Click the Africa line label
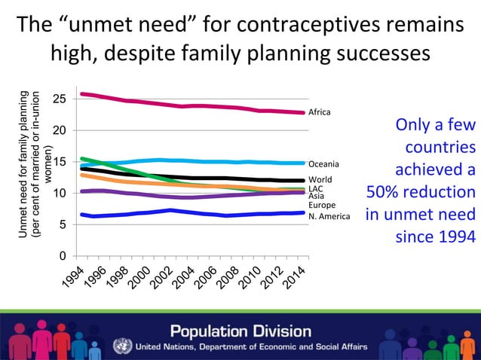coord(320,112)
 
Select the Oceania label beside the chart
coord(323,163)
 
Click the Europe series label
coord(322,205)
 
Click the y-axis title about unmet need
coord(35,164)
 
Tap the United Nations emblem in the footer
coord(121,346)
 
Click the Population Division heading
coord(240,331)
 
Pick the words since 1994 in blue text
coord(435,237)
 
